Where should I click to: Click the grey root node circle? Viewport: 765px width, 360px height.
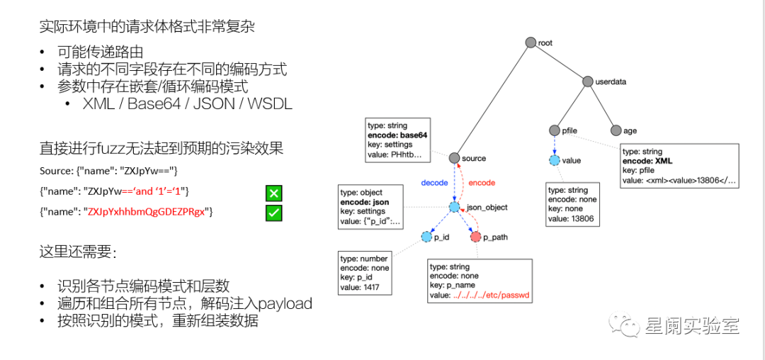tap(530, 43)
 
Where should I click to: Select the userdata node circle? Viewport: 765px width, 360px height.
tap(587, 81)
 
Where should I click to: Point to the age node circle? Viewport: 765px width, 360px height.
tap(616, 130)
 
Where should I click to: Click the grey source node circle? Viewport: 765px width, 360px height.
tap(454, 157)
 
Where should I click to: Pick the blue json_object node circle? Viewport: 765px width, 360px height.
tap(454, 208)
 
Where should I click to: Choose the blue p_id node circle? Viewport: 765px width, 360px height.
tap(426, 237)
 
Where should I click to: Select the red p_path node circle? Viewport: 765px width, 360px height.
tap(475, 237)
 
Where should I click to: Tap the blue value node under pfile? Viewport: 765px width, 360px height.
tap(555, 160)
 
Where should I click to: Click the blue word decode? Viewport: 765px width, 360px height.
tap(434, 183)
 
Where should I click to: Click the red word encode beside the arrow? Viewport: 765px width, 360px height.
tap(482, 183)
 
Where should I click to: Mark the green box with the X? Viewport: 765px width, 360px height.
tap(274, 193)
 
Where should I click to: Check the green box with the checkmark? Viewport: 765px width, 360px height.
tap(274, 212)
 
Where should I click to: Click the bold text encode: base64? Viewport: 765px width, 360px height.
tap(397, 135)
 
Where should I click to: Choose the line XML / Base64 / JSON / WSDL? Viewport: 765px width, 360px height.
tap(187, 104)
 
